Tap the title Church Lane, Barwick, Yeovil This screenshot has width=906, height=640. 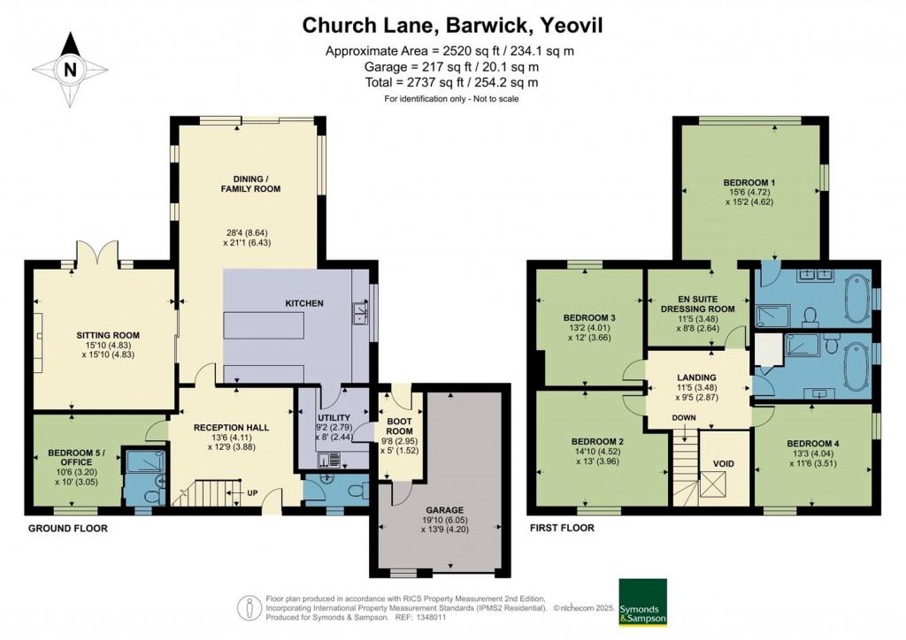tap(452, 25)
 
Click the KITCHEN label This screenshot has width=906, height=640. tap(303, 303)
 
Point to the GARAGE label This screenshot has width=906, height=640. tap(438, 510)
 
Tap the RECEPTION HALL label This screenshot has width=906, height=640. tap(232, 427)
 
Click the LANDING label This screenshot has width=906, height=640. tap(698, 377)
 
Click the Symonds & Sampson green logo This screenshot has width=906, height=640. tap(642, 601)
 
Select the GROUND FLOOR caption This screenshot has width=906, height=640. tap(67, 529)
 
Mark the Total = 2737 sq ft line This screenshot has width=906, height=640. tap(452, 82)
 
